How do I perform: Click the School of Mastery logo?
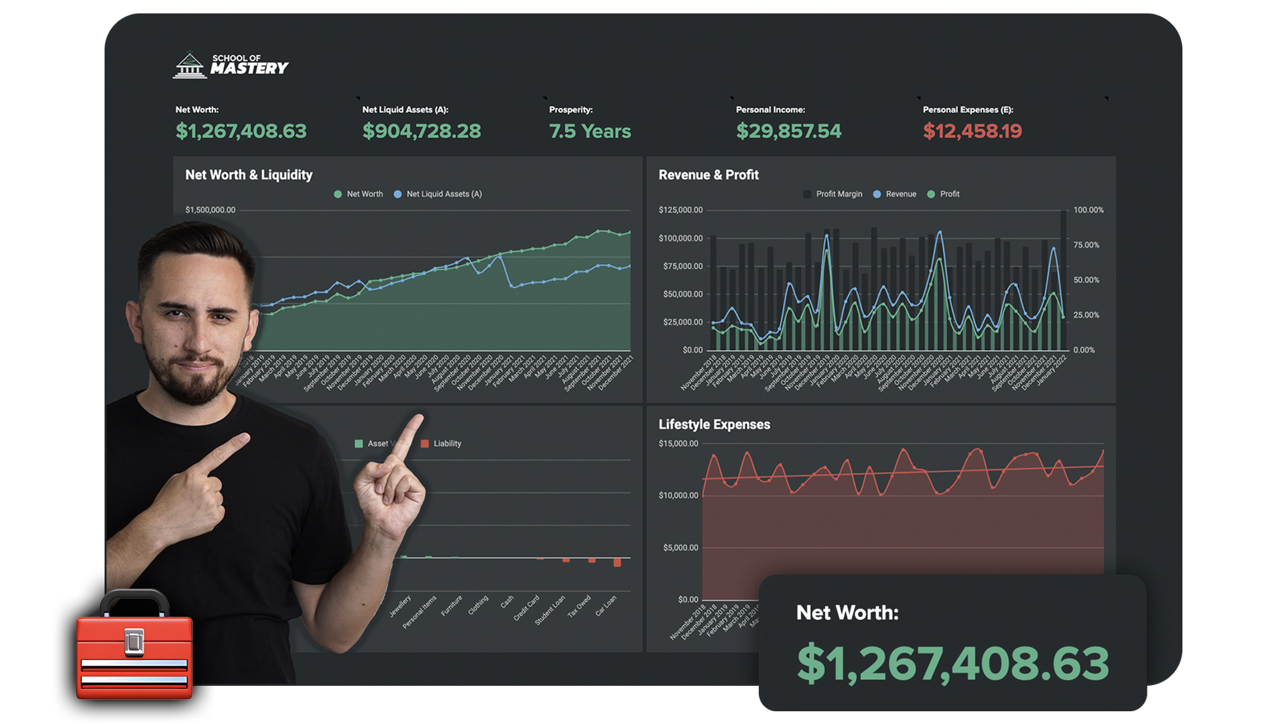230,65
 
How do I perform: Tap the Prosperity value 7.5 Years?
590,131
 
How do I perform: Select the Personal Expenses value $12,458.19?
972,131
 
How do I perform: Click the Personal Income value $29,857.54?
788,131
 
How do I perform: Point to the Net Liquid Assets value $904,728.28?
422,131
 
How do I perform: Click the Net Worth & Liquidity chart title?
249,175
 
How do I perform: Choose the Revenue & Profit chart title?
709,175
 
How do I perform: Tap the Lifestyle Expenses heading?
714,424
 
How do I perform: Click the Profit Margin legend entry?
833,194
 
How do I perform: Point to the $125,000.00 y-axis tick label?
680,210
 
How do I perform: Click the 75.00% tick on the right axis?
1086,245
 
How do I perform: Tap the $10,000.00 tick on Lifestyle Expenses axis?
678,496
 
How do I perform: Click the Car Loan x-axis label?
606,606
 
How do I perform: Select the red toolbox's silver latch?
134,642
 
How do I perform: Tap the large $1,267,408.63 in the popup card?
953,664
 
